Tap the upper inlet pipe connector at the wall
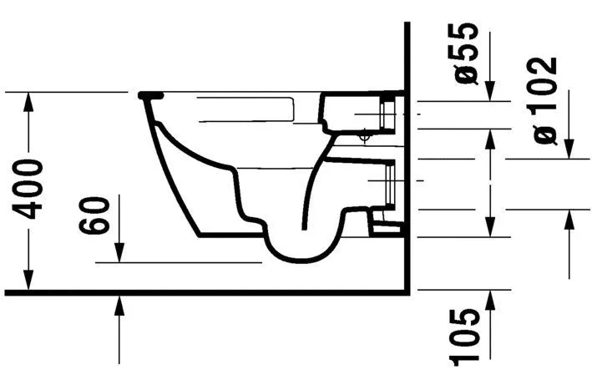tap(388, 113)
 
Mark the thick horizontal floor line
tap(209, 291)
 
